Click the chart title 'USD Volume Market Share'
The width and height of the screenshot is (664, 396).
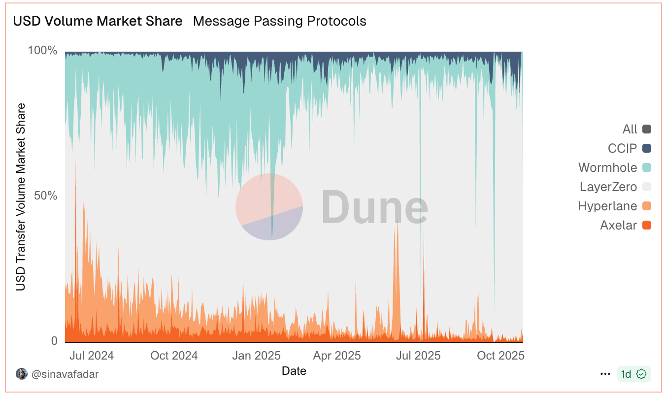pos(98,21)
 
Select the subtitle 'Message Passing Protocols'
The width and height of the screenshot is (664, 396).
pos(279,21)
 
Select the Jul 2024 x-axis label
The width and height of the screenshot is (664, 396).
pos(91,356)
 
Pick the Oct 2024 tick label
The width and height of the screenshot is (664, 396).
pos(174,356)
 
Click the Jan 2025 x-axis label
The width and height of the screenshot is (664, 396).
pos(256,356)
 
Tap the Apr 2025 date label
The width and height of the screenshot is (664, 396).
pos(337,356)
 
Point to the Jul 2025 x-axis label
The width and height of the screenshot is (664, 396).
pos(418,356)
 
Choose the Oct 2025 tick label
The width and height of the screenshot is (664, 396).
pos(501,356)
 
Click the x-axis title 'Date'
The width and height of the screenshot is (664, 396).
pos(294,371)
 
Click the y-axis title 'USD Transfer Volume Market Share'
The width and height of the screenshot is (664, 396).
pos(21,197)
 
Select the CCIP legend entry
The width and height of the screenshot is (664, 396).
pos(623,148)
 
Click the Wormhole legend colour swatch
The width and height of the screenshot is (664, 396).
pos(647,167)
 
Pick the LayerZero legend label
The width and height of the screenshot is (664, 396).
pos(608,187)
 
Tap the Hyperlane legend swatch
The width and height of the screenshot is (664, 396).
pos(647,206)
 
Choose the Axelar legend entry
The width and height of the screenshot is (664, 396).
pos(619,226)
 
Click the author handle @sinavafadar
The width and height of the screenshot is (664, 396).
pos(65,374)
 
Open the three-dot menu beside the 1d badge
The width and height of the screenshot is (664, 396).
pos(605,374)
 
